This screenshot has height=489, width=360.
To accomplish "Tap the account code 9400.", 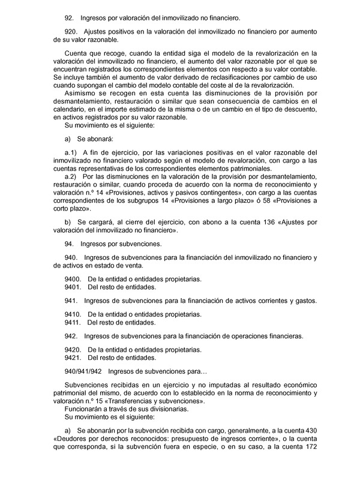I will pos(73,279).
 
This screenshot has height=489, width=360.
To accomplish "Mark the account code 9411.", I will pos(73,322).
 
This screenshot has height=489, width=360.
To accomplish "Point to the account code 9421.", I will pos(73,357).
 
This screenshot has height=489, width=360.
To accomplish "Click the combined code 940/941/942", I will pos(83,372).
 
